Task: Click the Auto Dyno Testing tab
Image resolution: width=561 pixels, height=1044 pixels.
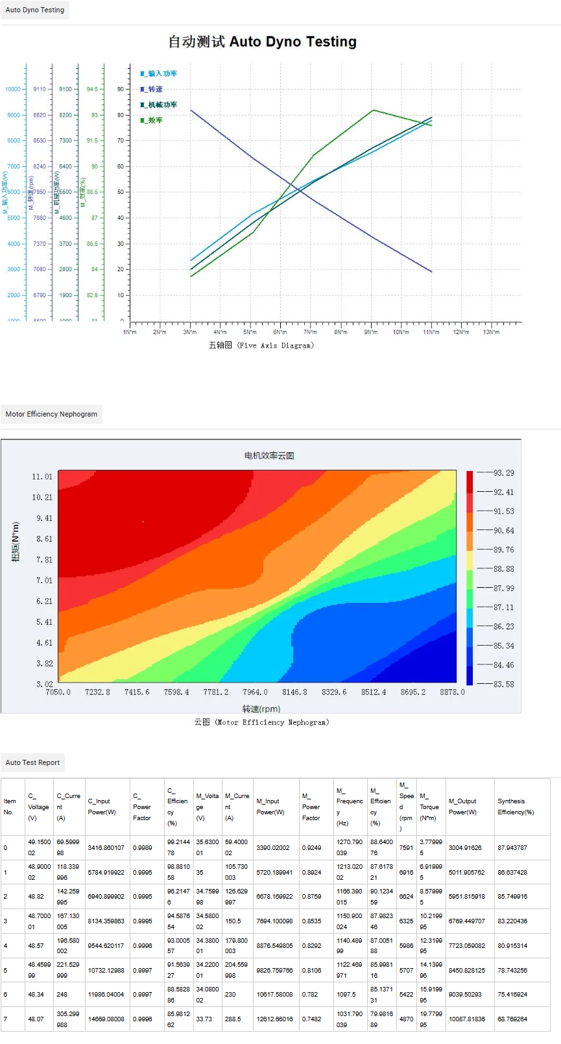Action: tap(35, 10)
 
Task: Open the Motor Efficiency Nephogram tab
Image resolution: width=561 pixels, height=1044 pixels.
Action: tap(51, 414)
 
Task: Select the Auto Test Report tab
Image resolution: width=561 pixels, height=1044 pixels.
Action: tap(32, 762)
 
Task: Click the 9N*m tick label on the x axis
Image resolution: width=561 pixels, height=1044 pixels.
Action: tap(370, 332)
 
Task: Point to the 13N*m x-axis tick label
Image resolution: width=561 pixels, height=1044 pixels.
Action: tap(491, 332)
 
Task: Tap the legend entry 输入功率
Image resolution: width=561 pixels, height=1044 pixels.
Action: tap(159, 74)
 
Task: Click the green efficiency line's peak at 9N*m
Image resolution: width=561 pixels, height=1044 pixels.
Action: tap(373, 110)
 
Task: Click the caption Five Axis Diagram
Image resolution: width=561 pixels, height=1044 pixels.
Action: tap(261, 346)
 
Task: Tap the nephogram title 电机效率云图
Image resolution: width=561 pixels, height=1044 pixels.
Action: tap(269, 455)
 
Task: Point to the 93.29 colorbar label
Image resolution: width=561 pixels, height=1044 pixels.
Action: tap(503, 473)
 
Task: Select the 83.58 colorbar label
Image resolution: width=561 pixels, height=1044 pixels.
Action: tap(503, 685)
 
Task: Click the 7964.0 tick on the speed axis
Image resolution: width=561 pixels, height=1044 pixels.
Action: tap(255, 692)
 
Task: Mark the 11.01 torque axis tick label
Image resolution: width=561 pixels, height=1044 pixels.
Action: tap(42, 477)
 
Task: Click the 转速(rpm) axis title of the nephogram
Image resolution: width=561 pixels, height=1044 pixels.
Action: tap(261, 709)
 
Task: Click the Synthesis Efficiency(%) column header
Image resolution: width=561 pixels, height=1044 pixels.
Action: tap(516, 807)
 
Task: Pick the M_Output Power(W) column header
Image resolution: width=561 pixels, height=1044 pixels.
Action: tap(462, 807)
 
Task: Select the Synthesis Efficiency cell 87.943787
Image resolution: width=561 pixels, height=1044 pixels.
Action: tap(512, 848)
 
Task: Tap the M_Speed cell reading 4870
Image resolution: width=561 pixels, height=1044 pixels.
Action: tap(407, 1019)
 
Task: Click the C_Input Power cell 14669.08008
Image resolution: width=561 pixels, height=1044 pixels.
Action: tap(106, 1019)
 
